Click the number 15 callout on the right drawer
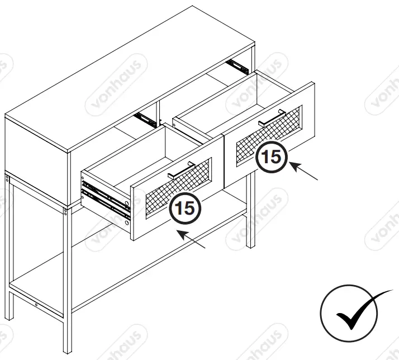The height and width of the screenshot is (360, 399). tap(271, 157)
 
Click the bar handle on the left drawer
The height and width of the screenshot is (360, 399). tap(181, 169)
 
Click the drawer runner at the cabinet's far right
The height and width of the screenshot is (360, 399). tap(237, 66)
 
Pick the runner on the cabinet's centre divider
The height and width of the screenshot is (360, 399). tap(145, 119)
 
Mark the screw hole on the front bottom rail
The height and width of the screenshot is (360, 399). tap(37, 305)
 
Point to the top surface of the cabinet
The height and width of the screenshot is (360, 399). tap(129, 78)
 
